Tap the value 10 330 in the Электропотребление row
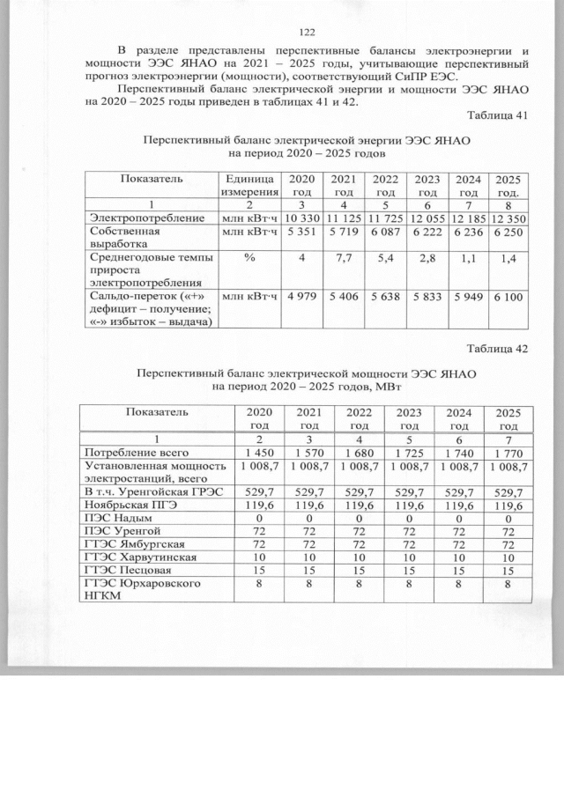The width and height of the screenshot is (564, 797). click(x=302, y=218)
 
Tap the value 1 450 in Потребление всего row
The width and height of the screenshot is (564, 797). click(x=260, y=452)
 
